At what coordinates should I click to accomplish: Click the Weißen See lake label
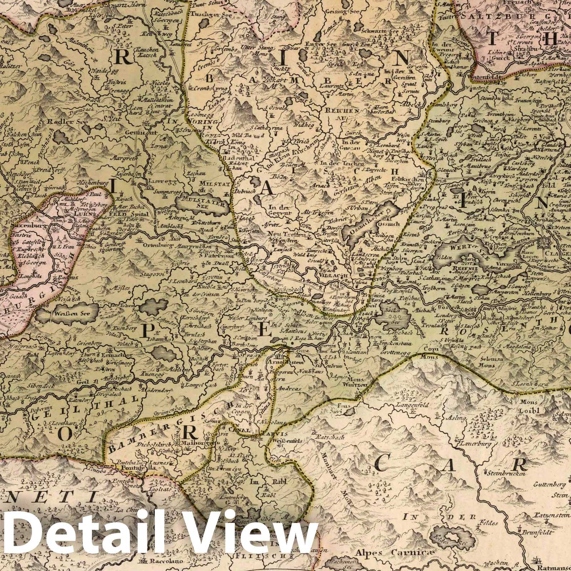point(65,314)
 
